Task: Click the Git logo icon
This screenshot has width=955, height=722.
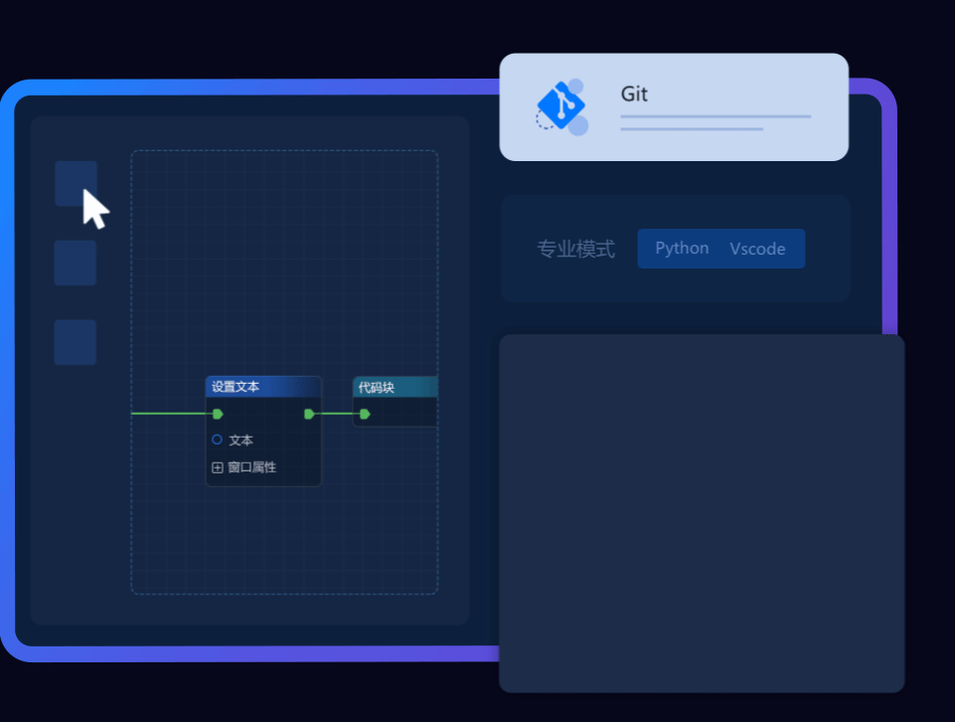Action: click(561, 107)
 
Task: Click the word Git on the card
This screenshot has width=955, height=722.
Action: click(633, 93)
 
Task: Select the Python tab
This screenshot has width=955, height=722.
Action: click(682, 248)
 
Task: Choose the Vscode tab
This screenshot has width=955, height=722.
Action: click(757, 249)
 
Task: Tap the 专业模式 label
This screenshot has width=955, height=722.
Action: click(575, 249)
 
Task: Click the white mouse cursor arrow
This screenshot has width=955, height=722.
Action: click(95, 209)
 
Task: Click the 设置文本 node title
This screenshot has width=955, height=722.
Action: click(236, 386)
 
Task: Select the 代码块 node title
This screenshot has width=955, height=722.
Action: click(376, 388)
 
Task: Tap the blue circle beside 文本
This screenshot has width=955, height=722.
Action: click(217, 440)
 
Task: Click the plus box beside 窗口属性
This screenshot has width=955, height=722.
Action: click(217, 467)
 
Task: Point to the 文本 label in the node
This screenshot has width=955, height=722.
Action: click(241, 440)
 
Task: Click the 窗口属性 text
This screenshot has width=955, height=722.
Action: click(252, 467)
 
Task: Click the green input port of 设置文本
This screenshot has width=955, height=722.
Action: click(218, 415)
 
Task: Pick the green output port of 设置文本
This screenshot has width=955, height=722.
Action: click(309, 415)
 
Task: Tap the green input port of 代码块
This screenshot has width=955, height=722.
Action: click(365, 415)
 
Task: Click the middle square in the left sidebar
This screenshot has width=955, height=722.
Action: click(75, 263)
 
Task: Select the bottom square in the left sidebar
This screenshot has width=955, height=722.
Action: click(75, 342)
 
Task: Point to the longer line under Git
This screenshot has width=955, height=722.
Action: click(716, 116)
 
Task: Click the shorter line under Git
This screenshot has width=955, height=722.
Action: click(692, 129)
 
